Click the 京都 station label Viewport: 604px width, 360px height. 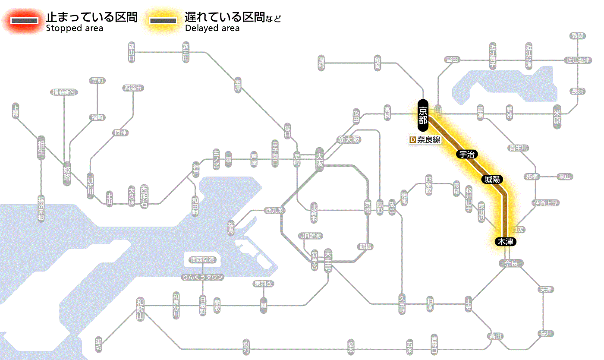[x=423, y=115]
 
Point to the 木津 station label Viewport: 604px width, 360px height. [x=505, y=242]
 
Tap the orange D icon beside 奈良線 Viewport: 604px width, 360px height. [x=412, y=140]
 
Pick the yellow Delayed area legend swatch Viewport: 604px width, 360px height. [x=163, y=21]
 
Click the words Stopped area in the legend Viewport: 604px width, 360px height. [x=74, y=28]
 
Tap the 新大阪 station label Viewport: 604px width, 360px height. [x=349, y=140]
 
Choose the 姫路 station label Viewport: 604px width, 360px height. [x=67, y=173]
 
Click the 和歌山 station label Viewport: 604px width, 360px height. [x=140, y=308]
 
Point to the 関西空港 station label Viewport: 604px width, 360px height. [x=202, y=260]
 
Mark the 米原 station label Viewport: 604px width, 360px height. [x=557, y=117]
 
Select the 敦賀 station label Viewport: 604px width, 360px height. [x=578, y=36]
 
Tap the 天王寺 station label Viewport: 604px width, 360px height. [x=328, y=260]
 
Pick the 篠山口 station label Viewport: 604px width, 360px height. [x=132, y=52]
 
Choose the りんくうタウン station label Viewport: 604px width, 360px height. [x=202, y=277]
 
